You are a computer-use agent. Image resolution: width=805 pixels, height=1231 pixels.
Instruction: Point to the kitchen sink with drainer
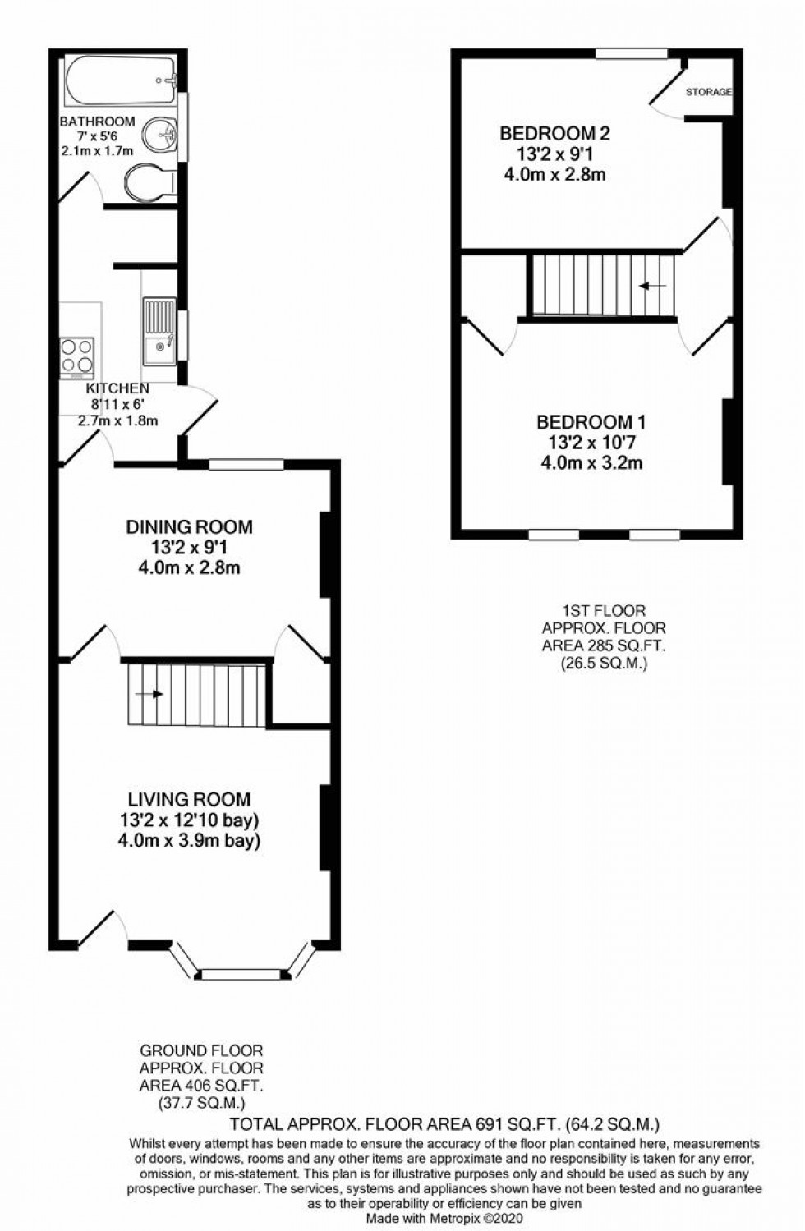159,331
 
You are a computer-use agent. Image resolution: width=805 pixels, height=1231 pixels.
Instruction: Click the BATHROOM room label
97,122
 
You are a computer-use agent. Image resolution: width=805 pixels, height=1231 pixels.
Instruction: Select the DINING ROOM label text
189,526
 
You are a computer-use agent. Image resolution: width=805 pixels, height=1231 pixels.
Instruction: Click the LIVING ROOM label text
189,799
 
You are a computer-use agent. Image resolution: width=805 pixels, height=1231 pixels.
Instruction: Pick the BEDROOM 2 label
555,133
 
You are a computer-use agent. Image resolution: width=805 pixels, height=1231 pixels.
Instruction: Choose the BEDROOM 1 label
591,422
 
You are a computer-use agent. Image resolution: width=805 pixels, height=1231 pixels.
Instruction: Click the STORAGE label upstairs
708,92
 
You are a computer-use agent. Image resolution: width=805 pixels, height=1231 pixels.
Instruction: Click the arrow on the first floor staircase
653,286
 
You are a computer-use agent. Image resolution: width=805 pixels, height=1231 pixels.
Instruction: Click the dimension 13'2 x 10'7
591,443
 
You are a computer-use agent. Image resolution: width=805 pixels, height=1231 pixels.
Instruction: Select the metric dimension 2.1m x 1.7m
97,151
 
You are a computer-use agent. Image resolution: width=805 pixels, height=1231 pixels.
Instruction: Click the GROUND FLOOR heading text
201,1050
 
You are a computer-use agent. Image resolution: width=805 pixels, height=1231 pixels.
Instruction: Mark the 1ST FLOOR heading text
604,610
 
